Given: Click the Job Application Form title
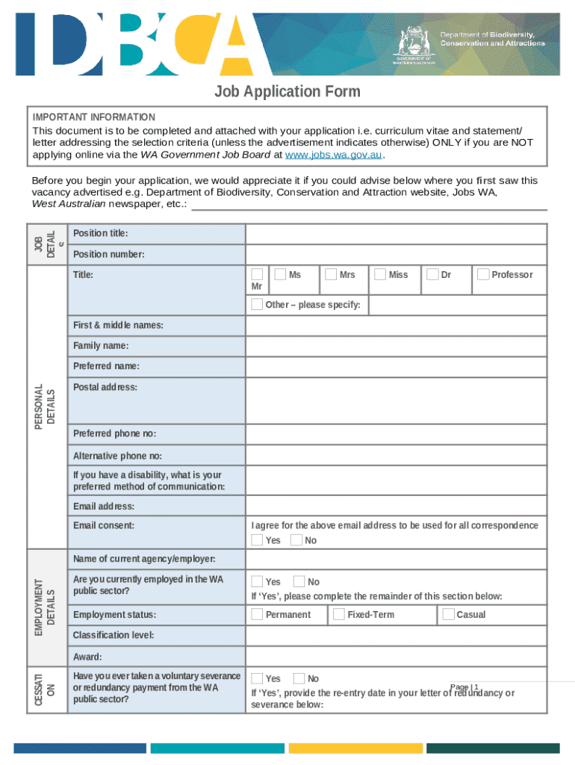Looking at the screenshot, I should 287,92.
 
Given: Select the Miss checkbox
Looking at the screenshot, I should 381,275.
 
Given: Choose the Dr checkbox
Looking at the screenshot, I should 432,275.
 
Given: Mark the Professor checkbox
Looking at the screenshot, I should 483,275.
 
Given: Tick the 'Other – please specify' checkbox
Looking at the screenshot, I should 257,304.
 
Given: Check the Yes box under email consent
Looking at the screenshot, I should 257,540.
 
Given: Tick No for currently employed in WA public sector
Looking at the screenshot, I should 299,581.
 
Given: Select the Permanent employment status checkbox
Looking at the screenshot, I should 257,614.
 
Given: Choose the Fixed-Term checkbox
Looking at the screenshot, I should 339,614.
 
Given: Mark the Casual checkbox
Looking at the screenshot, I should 448,614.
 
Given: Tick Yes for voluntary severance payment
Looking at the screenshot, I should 257,678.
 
